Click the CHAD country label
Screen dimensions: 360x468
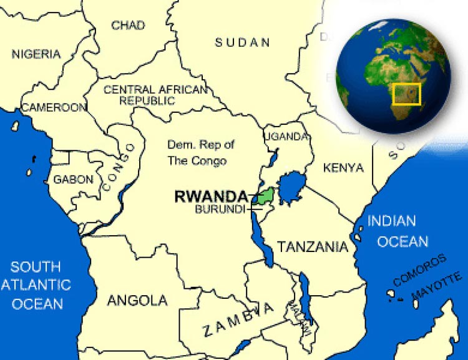click(128, 26)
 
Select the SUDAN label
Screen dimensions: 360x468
click(243, 42)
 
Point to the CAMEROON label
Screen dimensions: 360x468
click(54, 108)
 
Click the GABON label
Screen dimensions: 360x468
click(73, 180)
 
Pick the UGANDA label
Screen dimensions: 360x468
click(286, 137)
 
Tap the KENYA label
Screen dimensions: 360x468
click(343, 167)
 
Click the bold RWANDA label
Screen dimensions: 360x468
click(211, 197)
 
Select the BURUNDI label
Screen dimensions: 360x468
click(220, 210)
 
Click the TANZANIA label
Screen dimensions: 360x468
click(313, 246)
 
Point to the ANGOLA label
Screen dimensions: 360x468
click(137, 301)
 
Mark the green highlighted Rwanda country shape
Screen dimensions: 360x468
click(265, 196)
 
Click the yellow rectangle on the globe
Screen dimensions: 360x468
click(407, 94)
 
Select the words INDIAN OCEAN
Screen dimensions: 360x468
click(399, 231)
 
